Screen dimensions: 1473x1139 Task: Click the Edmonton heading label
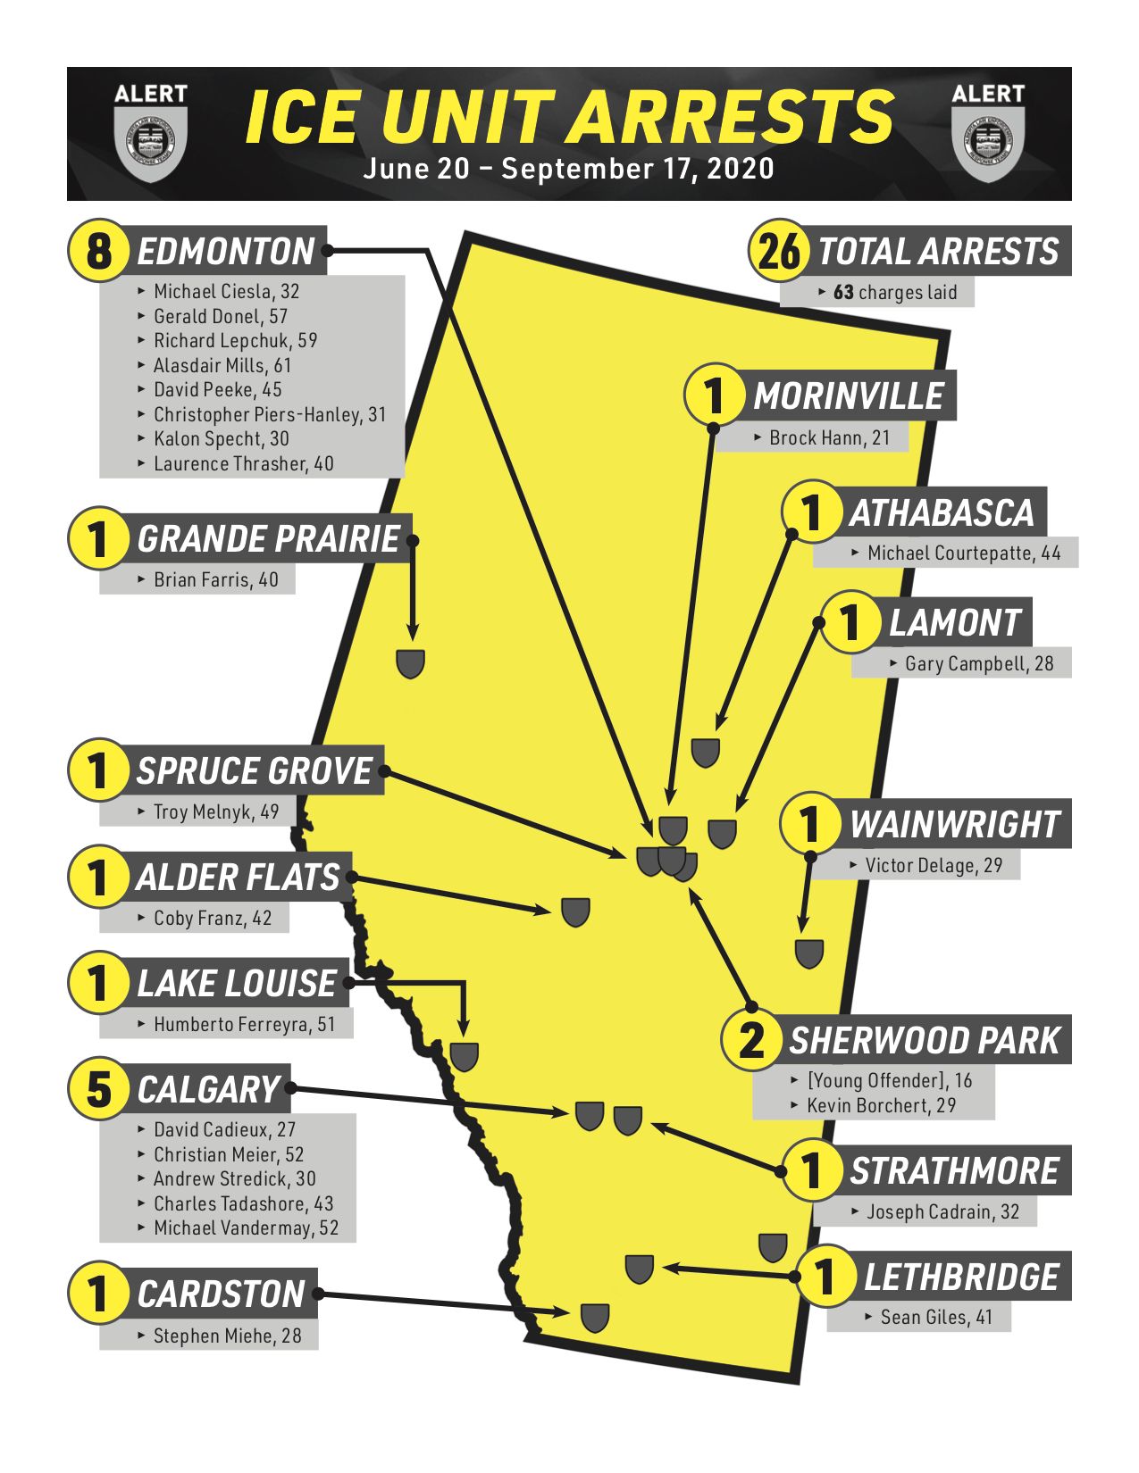pyautogui.click(x=225, y=251)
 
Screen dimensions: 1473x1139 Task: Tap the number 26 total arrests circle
pyautogui.click(x=779, y=251)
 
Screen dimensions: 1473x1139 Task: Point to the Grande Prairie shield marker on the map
pyautogui.click(x=410, y=663)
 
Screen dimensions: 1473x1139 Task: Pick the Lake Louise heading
pyautogui.click(x=237, y=983)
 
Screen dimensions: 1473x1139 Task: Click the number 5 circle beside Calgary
pyautogui.click(x=98, y=1089)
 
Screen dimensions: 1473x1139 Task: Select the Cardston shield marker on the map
pyautogui.click(x=595, y=1318)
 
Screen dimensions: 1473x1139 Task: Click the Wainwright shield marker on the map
pyautogui.click(x=809, y=953)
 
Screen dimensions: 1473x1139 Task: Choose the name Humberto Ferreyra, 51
pyautogui.click(x=244, y=1024)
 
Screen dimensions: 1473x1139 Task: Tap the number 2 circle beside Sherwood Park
pyautogui.click(x=751, y=1040)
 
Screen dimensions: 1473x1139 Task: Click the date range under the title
pyautogui.click(x=568, y=169)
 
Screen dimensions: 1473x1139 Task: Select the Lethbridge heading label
pyautogui.click(x=960, y=1277)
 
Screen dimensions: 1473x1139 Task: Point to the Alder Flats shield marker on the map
pyautogui.click(x=575, y=911)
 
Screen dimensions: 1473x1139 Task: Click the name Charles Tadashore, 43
pyautogui.click(x=243, y=1203)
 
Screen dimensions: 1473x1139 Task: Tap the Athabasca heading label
pyautogui.click(x=942, y=512)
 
